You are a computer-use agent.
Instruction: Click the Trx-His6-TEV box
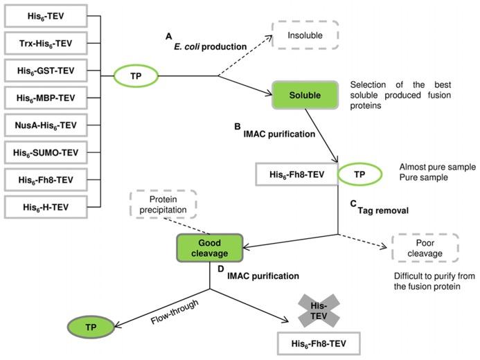[47, 44]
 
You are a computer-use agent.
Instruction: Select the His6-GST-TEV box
[47, 71]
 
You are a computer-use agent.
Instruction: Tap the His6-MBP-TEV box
[47, 98]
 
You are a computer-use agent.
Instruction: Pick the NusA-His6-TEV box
[47, 124]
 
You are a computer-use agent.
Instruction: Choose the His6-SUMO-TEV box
[47, 151]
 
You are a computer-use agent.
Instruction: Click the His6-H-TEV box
[47, 205]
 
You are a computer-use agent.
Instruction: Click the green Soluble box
[304, 95]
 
